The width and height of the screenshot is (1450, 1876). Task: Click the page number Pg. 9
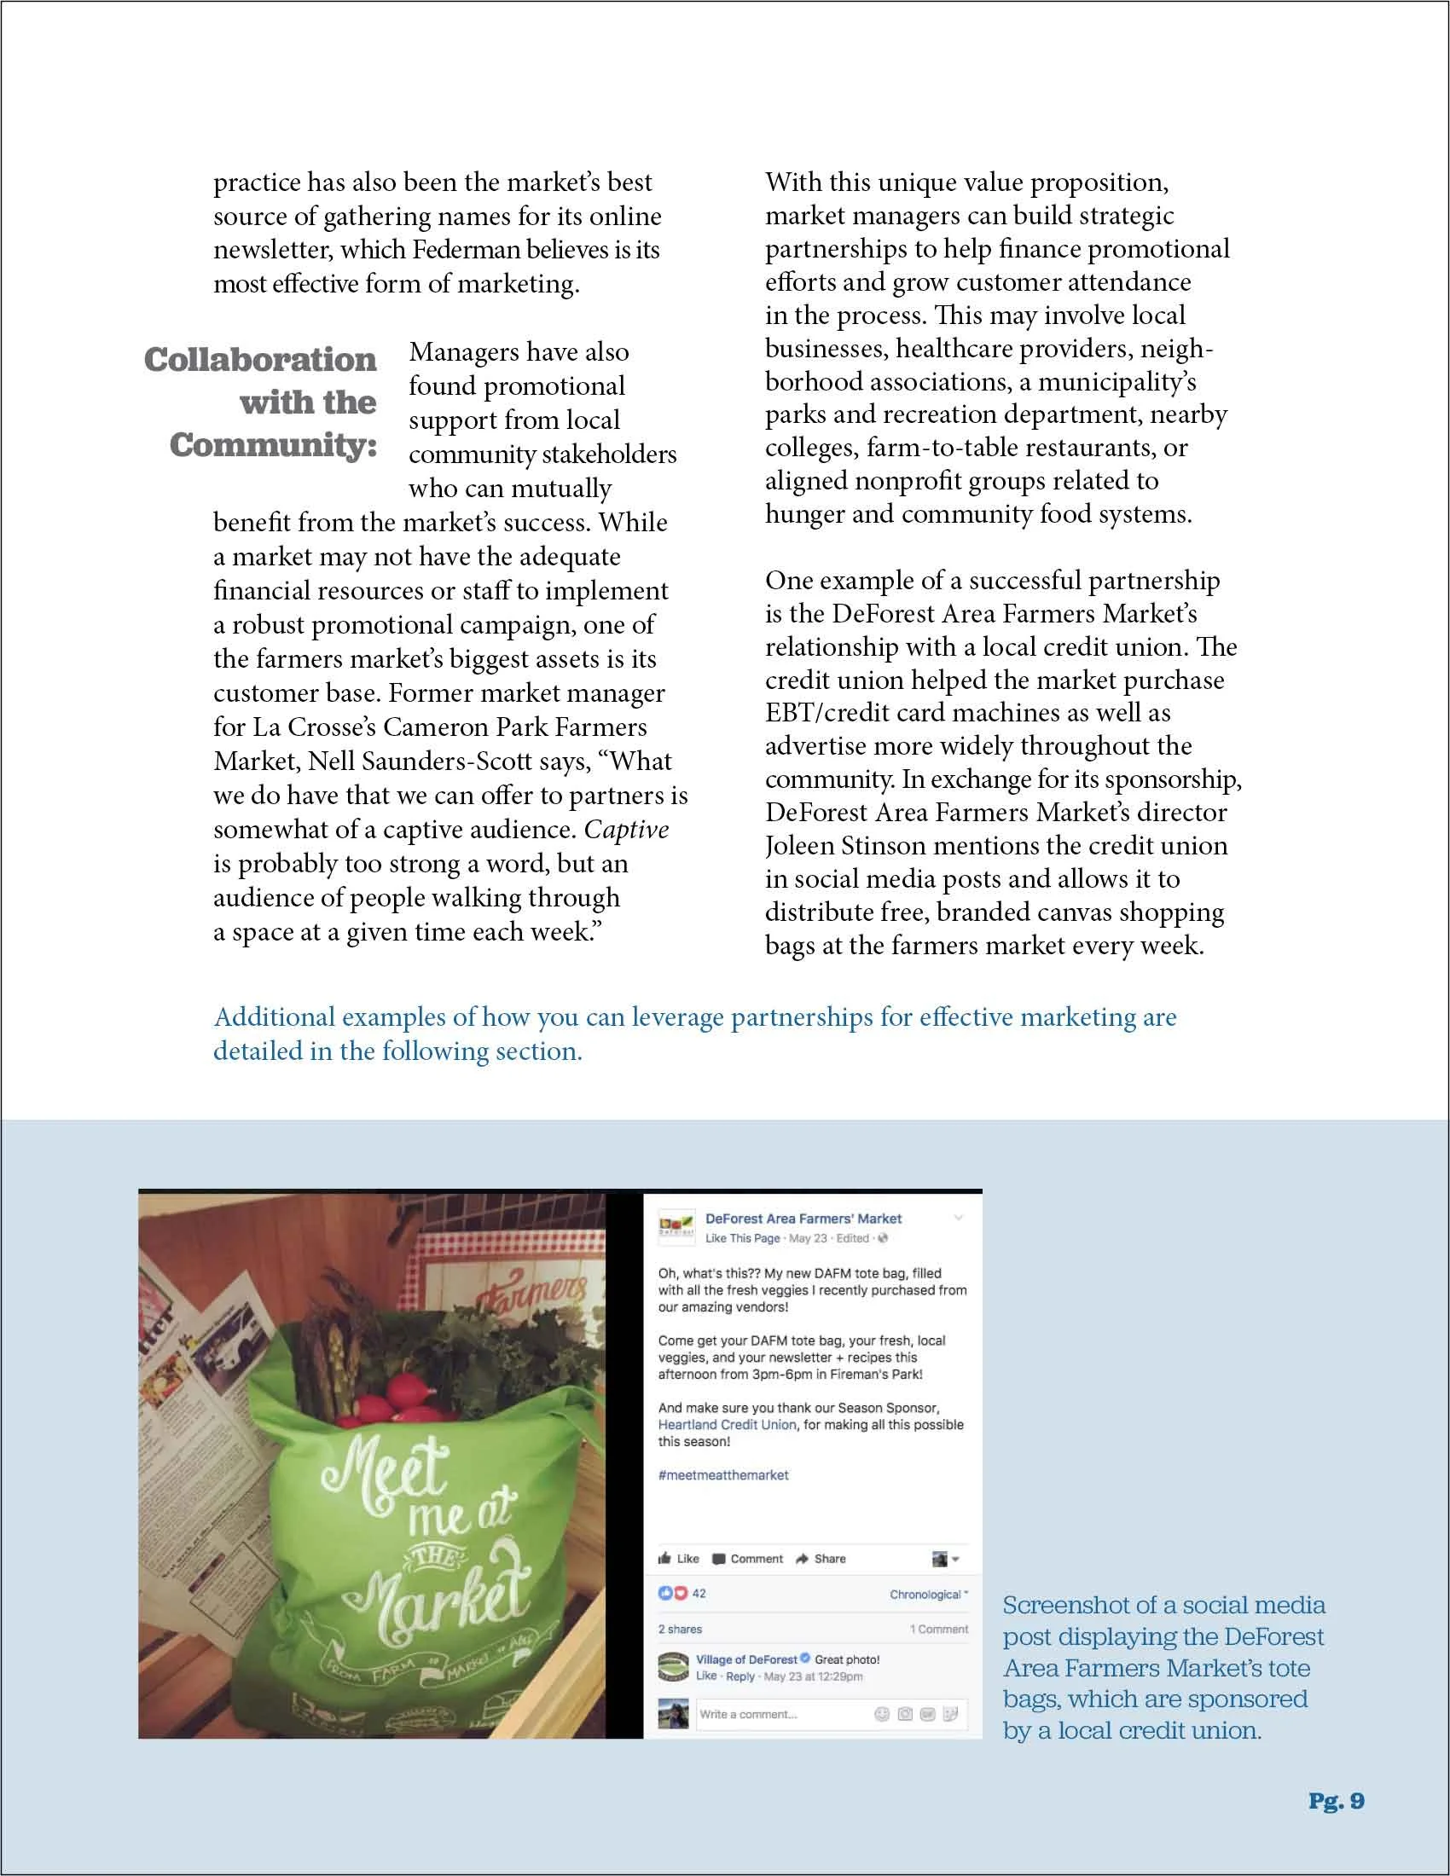tap(1336, 1801)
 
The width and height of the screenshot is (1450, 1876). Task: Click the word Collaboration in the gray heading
tap(260, 359)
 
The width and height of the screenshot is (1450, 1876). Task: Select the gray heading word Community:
tap(273, 445)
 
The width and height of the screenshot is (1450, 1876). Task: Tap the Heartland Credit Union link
tap(727, 1424)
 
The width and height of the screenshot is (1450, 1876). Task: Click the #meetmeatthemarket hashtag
tap(722, 1475)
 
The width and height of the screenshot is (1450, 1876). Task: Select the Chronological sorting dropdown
tap(928, 1595)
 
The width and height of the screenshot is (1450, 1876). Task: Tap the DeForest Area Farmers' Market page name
tap(803, 1218)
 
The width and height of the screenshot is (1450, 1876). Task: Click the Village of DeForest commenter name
tap(745, 1659)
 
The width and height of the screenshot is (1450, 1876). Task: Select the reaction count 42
tap(699, 1594)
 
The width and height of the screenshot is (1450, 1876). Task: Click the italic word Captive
tap(626, 830)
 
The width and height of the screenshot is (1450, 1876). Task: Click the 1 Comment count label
tap(938, 1629)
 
